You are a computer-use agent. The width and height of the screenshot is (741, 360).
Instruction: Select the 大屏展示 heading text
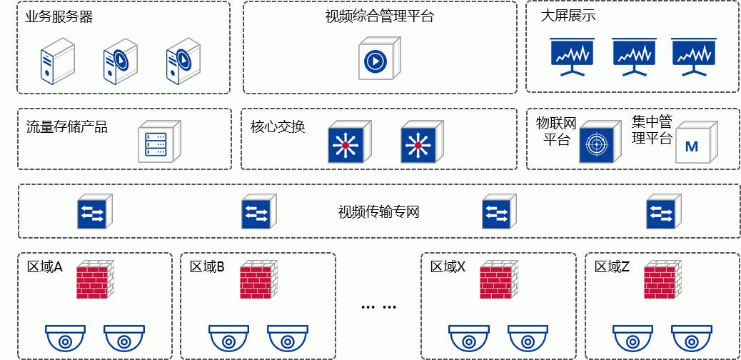pyautogui.click(x=568, y=16)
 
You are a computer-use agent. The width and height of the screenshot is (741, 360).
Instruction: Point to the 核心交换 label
pyautogui.click(x=278, y=127)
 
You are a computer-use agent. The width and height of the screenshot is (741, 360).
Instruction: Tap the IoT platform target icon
pyautogui.click(x=597, y=143)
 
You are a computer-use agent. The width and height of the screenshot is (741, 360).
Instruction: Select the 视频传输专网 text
pyautogui.click(x=378, y=212)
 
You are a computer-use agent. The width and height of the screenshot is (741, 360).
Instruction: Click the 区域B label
pyautogui.click(x=207, y=267)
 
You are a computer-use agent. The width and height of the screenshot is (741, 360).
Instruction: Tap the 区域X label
pyautogui.click(x=448, y=267)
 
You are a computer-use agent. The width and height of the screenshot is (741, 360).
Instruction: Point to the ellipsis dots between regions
pyautogui.click(x=379, y=307)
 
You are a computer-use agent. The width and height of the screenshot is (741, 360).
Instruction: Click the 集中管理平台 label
pyautogui.click(x=652, y=129)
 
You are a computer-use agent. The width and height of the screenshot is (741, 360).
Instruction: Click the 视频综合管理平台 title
pyautogui.click(x=379, y=16)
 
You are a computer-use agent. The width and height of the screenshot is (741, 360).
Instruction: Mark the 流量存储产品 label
pyautogui.click(x=66, y=127)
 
